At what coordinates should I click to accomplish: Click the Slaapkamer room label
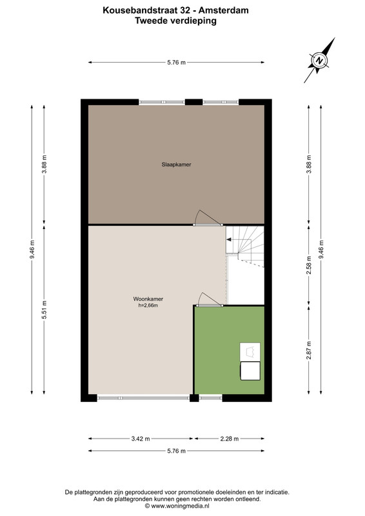pos(176,164)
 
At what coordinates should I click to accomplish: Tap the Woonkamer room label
pos(148,299)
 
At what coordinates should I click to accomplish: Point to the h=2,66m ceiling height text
pos(148,305)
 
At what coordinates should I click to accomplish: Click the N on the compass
pos(319,61)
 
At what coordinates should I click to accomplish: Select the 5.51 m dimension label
pos(44,310)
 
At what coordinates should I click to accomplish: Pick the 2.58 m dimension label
pos(309,265)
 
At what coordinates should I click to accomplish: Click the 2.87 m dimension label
pos(309,350)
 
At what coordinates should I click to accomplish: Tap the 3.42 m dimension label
pos(141,439)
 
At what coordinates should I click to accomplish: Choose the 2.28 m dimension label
pos(230,439)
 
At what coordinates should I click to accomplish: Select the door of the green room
pos(208,305)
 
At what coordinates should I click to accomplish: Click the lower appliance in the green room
pos(250,371)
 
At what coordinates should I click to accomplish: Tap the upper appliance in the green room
pos(250,352)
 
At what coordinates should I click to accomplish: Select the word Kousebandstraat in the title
pos(141,10)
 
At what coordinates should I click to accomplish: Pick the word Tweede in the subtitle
pos(150,21)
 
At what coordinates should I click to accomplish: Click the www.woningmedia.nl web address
pos(180,506)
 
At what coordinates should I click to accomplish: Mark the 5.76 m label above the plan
pos(177,63)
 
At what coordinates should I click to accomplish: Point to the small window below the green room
pos(211,398)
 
